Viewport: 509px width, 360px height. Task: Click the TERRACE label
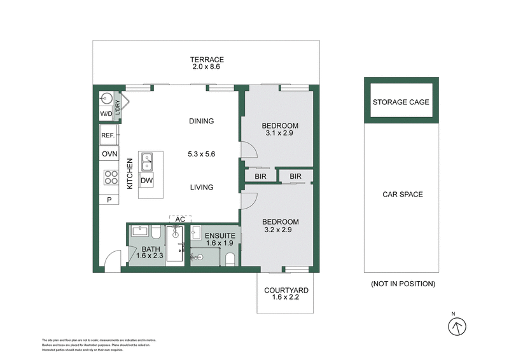tap(207, 60)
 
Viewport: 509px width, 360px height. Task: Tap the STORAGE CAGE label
tap(401, 102)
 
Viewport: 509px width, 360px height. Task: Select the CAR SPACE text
tap(402, 195)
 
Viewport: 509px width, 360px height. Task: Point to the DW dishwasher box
tap(147, 181)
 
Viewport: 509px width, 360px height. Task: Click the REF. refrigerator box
tap(107, 135)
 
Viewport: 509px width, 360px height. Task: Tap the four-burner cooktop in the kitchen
tap(111, 177)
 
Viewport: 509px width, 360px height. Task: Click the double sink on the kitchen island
tap(147, 162)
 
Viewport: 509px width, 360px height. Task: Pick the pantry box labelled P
tap(109, 200)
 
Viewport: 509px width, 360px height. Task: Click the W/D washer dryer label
tap(106, 114)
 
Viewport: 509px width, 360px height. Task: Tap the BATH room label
tap(151, 249)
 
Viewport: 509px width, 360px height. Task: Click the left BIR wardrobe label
tap(260, 176)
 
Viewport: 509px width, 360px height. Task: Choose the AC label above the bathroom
tap(180, 219)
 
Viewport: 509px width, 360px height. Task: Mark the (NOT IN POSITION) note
tap(402, 284)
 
